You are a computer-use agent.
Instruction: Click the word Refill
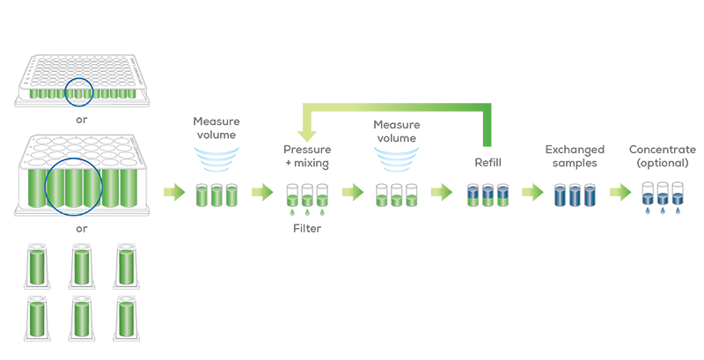coord(488,163)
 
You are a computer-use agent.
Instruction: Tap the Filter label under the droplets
coord(307,229)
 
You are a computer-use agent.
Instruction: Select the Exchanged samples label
coord(575,156)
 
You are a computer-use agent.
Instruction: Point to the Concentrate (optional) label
coord(663,156)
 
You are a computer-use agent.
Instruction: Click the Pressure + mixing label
coord(307,156)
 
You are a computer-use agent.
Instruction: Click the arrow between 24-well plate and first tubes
coord(174,193)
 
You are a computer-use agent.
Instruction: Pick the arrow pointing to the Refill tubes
coord(442,193)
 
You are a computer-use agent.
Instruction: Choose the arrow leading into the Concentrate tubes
coord(620,193)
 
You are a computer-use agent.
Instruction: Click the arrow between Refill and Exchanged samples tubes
coord(532,193)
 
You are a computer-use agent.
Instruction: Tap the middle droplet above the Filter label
coord(307,211)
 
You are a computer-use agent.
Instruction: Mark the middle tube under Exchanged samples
coord(575,195)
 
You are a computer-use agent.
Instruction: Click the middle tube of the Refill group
coord(488,195)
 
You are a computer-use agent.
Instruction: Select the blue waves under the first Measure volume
coord(216,160)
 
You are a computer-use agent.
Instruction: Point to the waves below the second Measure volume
coord(397,160)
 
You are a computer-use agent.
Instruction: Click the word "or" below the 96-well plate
coord(81,120)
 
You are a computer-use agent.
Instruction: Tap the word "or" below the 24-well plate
coord(81,229)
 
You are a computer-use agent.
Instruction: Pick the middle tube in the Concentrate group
coord(663,194)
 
